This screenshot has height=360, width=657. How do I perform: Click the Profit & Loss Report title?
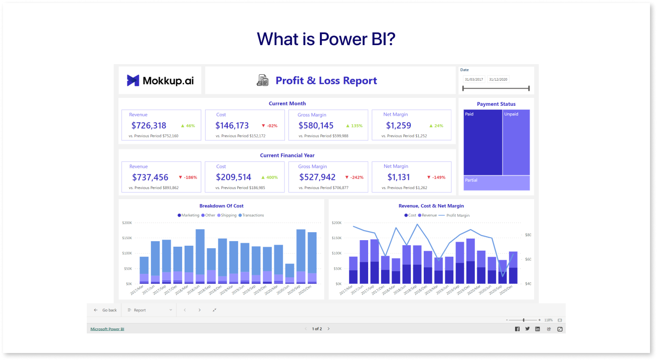326,80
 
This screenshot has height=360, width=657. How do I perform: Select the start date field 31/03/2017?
473,79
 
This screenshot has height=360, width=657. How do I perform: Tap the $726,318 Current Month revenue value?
148,125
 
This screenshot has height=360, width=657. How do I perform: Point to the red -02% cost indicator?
270,126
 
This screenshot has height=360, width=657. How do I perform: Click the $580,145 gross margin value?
315,125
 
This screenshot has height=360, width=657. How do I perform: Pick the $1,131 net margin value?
399,177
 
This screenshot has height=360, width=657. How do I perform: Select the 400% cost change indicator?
270,177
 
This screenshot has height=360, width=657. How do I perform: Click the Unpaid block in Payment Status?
516,142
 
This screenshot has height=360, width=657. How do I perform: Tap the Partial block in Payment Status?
497,183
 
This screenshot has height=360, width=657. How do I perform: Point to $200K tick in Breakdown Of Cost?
127,223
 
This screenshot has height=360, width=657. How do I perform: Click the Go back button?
105,310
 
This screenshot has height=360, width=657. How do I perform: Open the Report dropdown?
149,310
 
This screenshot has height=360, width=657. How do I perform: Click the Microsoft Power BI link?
107,329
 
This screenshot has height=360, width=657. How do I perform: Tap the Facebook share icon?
517,329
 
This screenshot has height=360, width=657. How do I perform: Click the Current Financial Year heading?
287,155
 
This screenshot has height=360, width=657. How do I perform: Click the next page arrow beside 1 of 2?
328,329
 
